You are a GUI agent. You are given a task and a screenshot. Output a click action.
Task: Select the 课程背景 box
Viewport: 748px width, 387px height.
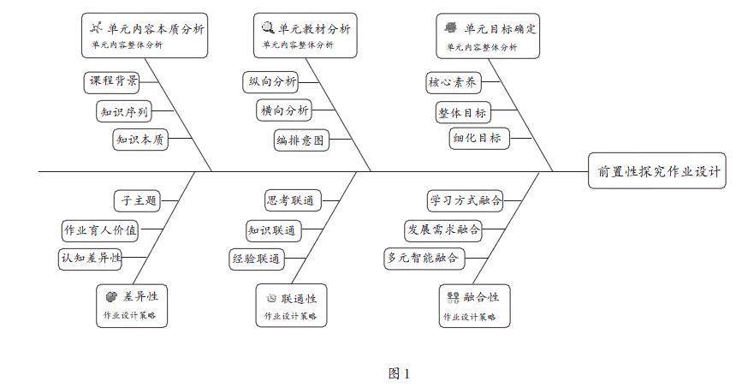point(113,81)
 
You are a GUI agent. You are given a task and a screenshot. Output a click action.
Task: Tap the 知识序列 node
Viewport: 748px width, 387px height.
point(124,111)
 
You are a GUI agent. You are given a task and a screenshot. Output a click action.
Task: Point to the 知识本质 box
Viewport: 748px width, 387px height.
point(140,140)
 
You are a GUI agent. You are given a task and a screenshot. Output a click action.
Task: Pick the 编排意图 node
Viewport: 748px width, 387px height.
point(300,140)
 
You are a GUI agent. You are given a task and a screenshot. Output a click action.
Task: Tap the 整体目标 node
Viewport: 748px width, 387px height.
point(462,112)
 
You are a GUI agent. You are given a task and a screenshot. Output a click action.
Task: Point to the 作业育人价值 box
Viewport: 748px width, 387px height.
point(100,229)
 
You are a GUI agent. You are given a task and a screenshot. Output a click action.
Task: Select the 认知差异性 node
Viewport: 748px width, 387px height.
point(90,257)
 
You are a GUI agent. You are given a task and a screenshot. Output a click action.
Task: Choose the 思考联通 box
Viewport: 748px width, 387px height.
point(289,200)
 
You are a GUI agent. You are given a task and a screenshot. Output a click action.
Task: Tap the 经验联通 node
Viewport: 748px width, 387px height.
point(257,258)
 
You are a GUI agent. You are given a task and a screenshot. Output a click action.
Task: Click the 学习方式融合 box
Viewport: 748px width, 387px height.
point(465,200)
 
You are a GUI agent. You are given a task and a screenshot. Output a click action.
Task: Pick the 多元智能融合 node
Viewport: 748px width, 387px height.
point(423,257)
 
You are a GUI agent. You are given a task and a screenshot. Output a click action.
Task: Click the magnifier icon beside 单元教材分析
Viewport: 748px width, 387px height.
point(268,27)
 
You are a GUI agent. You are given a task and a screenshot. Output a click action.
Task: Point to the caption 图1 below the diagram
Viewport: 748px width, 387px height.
point(399,373)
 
